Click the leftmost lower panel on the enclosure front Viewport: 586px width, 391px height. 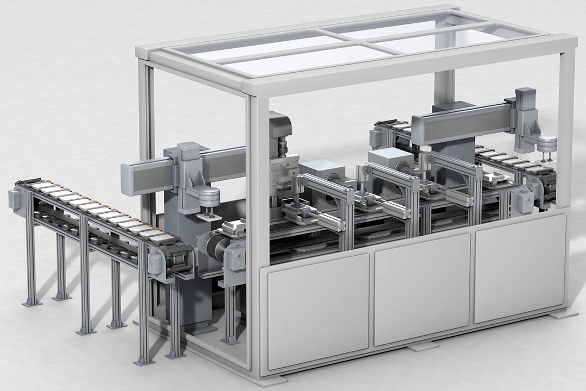318,310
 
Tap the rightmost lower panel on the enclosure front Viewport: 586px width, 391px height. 520,267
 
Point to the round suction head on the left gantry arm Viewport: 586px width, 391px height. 209,195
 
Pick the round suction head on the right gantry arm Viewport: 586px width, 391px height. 547,143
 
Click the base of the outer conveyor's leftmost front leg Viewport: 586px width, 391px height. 32,302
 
